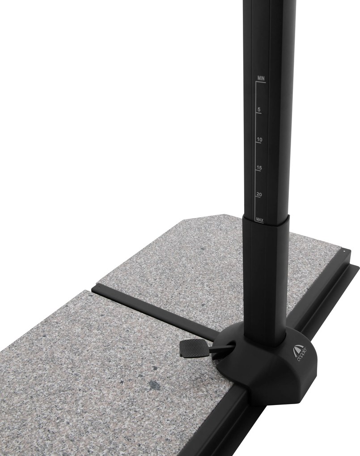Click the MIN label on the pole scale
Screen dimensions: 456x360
261,78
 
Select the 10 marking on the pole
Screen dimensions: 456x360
259,139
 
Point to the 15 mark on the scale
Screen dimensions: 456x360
259,168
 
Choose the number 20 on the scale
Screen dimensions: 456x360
259,194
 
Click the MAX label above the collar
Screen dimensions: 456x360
259,220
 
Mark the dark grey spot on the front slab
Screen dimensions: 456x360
155,383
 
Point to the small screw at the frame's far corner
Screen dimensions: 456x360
344,253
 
